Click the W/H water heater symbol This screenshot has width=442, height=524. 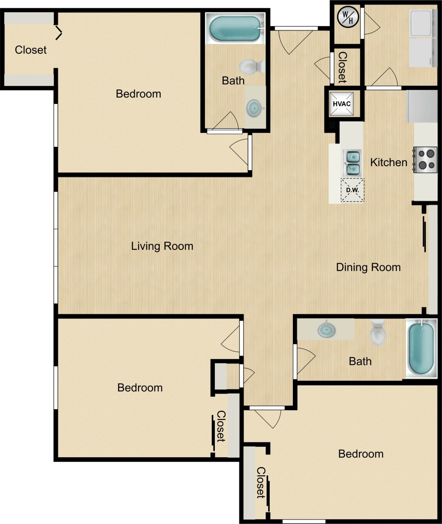[x=348, y=17]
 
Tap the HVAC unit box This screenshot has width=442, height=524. [x=342, y=104]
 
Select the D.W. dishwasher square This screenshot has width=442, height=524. [x=352, y=190]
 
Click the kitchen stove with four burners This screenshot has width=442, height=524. [x=425, y=160]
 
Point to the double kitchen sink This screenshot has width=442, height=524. [x=352, y=163]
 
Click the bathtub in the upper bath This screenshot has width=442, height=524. [x=235, y=28]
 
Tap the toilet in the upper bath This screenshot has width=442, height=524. [x=251, y=66]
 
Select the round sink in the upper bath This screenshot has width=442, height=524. [x=254, y=109]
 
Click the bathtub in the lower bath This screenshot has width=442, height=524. [x=421, y=348]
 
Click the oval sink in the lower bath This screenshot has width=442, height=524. [x=326, y=330]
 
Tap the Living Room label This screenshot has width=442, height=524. [x=162, y=246]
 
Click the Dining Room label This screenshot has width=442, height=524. [x=368, y=267]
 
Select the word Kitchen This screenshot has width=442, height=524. [x=388, y=163]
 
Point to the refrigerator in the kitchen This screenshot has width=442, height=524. [x=422, y=106]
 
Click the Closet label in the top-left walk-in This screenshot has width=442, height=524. [x=31, y=50]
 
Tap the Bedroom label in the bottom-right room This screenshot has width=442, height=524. [x=361, y=454]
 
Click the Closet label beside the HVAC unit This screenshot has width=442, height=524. [x=342, y=67]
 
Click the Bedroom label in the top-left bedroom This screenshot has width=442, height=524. [x=138, y=94]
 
